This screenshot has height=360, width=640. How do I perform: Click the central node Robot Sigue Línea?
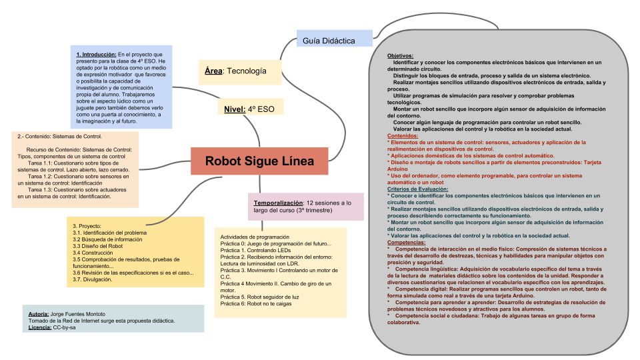pos(259,161)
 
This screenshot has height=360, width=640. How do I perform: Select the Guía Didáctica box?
pos(329,41)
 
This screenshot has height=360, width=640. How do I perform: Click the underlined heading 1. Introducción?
pos(97,54)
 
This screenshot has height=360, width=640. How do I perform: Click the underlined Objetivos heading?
pos(400,55)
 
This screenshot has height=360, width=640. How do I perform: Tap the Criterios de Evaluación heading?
pos(418,189)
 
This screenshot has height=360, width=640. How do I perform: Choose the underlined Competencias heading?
pos(406,243)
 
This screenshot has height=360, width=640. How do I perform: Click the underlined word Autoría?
pos(39,313)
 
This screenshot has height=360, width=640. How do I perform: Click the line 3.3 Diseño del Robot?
pos(98,246)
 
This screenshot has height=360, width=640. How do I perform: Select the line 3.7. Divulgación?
pos(93,279)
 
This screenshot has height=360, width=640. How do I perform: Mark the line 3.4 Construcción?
pos(94,253)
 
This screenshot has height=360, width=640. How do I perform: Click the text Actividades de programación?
pos(255,237)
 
